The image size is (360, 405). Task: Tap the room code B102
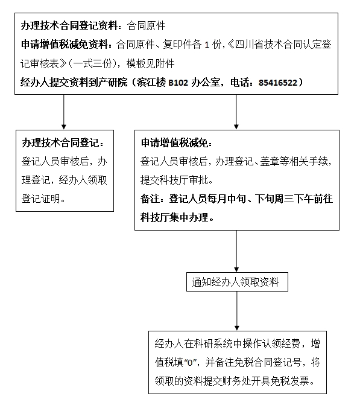178,83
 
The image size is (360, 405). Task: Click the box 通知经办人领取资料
237,282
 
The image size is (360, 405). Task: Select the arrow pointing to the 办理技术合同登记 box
64,112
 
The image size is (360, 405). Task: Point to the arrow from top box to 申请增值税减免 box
236,112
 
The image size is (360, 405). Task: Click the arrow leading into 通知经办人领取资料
236,251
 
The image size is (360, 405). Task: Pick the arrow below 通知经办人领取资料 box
237,311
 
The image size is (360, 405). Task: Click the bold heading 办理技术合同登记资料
69,26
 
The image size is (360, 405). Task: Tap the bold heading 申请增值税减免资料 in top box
64,45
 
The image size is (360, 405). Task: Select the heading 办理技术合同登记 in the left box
60,142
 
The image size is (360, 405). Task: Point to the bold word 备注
150,199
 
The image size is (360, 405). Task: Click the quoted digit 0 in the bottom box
190,363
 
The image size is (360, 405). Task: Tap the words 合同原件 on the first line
147,26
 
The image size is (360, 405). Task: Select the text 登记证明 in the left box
41,199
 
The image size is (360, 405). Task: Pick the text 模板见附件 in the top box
150,63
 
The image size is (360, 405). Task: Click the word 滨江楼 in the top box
151,83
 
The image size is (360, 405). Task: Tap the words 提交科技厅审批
174,180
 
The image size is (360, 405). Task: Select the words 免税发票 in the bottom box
290,381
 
